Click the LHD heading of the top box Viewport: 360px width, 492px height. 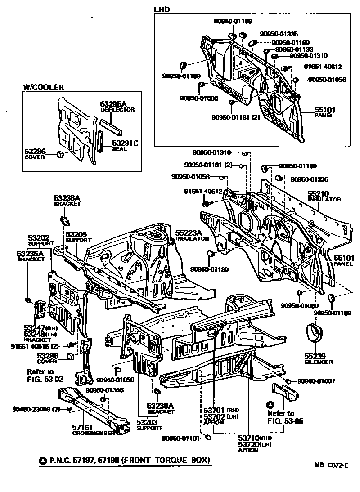click(x=162, y=9)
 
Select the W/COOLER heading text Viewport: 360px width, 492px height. click(x=43, y=87)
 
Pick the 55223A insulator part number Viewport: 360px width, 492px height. click(x=189, y=233)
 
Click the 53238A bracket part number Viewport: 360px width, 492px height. click(x=67, y=198)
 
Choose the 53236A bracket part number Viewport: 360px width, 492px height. click(x=160, y=406)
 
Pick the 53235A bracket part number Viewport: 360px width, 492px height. click(x=30, y=254)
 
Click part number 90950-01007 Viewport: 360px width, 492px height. click(x=317, y=381)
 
